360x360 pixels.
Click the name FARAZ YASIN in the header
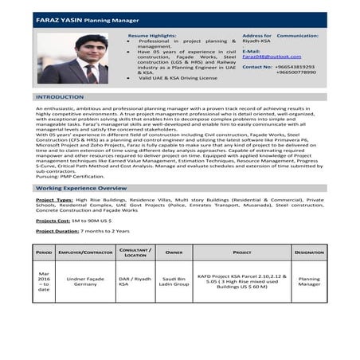click(58, 19)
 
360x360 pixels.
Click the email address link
click(271, 57)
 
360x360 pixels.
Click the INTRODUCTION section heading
click(60, 96)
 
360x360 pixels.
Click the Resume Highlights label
click(153, 36)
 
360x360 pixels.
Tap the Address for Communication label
click(280, 36)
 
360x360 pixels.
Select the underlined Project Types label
click(55, 200)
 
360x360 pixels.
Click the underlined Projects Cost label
click(53, 220)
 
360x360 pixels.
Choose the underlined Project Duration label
click(57, 230)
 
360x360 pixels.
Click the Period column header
click(44, 252)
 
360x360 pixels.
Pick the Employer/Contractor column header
click(85, 252)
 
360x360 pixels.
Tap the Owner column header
click(174, 252)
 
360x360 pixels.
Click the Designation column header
click(309, 252)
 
